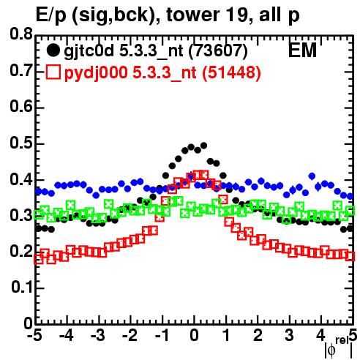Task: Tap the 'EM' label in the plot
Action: coord(302,50)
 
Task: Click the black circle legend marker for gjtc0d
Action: coord(53,50)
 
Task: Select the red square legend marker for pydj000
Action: coord(53,72)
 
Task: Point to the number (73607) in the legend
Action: coord(218,50)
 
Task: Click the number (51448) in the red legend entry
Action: coord(231,72)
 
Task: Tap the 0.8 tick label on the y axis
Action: coord(21,34)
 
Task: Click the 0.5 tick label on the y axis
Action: coord(21,143)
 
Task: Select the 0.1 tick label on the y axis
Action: coord(21,287)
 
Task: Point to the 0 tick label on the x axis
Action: coord(194,335)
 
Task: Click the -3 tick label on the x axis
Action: coord(98,335)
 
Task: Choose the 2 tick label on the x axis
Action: coord(258,335)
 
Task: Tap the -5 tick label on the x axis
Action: coord(34,335)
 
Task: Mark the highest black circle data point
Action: coord(203,146)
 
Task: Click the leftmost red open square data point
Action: coord(39,260)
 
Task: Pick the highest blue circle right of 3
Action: coord(312,176)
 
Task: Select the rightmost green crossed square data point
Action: coord(350,211)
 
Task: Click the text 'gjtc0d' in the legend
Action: coord(89,51)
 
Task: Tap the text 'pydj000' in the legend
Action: coord(96,73)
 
